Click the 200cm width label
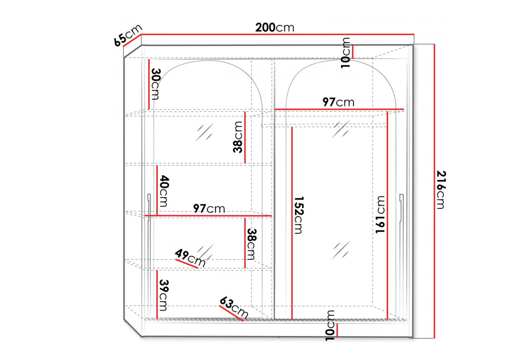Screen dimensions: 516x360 click(275, 28)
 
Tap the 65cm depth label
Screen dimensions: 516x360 click(128, 35)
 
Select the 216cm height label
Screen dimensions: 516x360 click(441, 189)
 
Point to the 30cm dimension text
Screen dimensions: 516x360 click(155, 83)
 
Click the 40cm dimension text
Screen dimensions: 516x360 click(164, 191)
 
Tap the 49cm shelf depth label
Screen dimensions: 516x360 click(190, 258)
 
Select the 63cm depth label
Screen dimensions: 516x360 click(234, 307)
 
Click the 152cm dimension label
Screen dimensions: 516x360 click(298, 215)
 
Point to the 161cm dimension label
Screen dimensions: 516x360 click(380, 215)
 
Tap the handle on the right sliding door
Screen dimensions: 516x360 click(401, 208)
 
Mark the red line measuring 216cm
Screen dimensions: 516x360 click(435, 191)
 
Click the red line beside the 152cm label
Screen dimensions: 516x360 click(292, 223)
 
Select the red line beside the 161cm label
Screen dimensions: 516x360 click(387, 216)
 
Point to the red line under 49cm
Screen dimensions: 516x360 click(187, 264)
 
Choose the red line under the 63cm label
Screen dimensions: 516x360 click(231, 313)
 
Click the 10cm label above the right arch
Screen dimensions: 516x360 click(346, 53)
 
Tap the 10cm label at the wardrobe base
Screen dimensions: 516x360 click(330, 325)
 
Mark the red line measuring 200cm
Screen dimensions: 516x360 click(278, 34)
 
